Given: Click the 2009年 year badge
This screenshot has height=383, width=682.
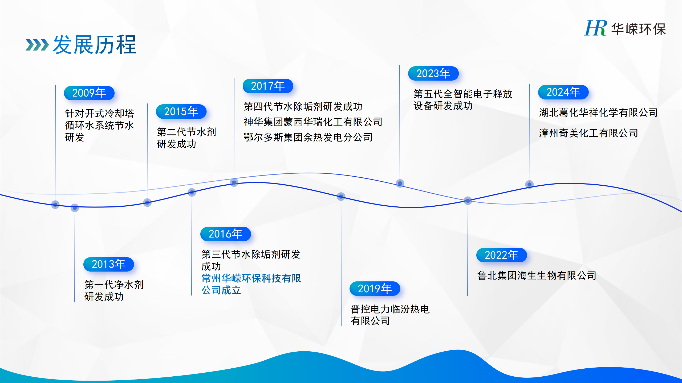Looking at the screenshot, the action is [x=89, y=93].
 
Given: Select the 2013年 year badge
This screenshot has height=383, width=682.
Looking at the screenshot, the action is [x=109, y=264].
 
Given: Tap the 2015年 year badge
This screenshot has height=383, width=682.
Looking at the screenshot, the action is [x=181, y=112].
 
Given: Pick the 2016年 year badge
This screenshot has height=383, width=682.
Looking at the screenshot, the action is [x=226, y=234].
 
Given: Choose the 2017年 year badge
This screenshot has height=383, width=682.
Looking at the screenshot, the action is [x=268, y=86].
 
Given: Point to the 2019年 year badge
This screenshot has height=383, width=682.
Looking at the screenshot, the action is [x=375, y=289].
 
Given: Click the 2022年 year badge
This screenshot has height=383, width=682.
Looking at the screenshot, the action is [x=502, y=255].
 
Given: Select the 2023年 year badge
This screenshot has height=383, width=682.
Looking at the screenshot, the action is [x=433, y=73].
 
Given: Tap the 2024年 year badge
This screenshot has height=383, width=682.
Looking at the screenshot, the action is [x=563, y=92].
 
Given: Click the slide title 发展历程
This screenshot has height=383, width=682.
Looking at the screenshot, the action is [x=95, y=45].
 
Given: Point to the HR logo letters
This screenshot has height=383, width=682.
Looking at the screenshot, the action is [x=596, y=28].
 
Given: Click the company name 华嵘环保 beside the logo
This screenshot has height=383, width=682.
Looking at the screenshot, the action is [x=638, y=29].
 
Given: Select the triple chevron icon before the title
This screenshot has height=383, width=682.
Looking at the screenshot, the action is [x=37, y=45].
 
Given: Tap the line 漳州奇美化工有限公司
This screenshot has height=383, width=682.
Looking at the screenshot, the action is [x=588, y=133].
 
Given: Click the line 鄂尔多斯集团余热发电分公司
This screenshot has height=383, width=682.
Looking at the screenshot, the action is [x=308, y=137].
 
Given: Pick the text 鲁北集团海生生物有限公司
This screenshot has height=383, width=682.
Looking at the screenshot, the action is [x=537, y=276].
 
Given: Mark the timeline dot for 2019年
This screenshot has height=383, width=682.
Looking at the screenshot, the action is [x=341, y=197].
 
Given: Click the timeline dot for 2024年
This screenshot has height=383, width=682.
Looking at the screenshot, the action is [x=529, y=184].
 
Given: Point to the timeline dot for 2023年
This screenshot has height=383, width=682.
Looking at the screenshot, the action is [x=400, y=183].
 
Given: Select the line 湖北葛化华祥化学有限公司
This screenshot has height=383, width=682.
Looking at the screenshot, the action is [x=598, y=113].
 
